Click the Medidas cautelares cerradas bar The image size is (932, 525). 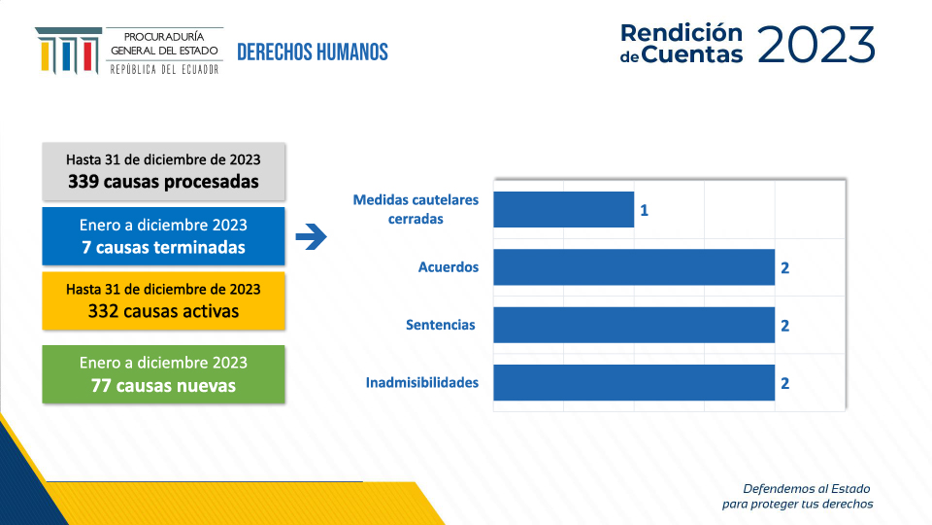coord(563,210)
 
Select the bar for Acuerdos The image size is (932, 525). coord(634,267)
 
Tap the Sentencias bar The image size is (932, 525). coord(634,325)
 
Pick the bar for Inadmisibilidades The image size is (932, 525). coord(634,383)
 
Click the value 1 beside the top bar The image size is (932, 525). coord(645,210)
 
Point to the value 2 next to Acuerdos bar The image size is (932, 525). coord(785,268)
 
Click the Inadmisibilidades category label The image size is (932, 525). coord(422,382)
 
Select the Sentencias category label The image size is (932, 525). coord(441,325)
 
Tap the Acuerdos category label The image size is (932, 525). coord(449,266)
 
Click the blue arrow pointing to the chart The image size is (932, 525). coord(312,236)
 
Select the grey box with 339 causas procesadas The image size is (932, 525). coord(163,171)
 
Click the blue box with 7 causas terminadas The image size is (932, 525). coord(163,236)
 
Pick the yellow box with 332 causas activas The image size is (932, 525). coord(163,301)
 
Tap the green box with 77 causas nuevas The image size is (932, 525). coord(163,374)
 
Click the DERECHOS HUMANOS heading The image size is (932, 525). coord(313,52)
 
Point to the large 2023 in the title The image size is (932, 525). coord(816,45)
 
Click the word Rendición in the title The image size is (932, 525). coord(682,33)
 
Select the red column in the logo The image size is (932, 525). coord(88,56)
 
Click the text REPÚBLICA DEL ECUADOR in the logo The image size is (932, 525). coord(164,70)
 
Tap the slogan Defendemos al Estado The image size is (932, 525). coord(807,489)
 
